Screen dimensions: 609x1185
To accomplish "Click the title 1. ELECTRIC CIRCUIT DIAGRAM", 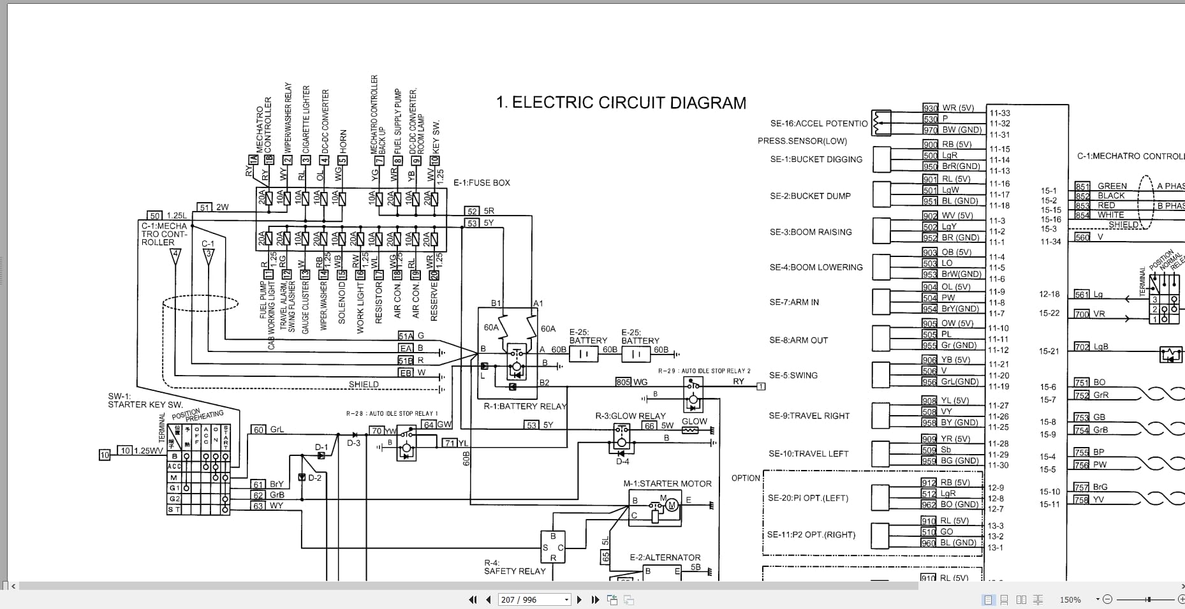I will click(621, 103).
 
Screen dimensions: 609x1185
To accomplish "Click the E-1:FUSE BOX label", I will click(482, 183).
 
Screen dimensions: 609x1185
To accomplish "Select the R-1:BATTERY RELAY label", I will click(525, 406).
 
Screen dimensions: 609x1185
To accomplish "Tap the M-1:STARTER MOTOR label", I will click(667, 484).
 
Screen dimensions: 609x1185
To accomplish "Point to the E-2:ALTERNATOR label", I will click(665, 557).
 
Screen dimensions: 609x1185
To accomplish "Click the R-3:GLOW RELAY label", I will click(630, 416).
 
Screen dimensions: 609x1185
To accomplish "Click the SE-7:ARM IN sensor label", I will click(793, 302).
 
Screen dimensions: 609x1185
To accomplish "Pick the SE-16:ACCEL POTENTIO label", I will click(818, 124).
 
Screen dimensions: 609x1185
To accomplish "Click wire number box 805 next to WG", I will click(622, 382).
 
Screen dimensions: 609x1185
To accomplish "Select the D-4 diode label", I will click(622, 462).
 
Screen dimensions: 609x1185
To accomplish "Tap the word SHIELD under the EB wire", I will click(364, 385).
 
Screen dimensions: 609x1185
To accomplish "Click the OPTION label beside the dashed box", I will click(746, 478).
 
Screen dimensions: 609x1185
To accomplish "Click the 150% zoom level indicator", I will click(1070, 600).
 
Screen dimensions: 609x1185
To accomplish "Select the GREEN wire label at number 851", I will click(1112, 186).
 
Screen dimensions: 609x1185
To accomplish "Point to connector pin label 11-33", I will click(999, 114).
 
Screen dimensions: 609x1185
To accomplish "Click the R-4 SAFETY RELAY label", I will click(514, 567).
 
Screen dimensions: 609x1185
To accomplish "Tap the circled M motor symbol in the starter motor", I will click(671, 506).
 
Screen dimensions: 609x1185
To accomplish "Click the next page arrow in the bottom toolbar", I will click(579, 599).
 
